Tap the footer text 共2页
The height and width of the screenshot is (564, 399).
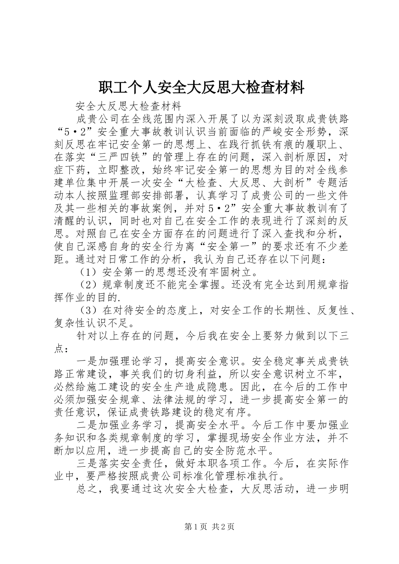pyautogui.click(x=223, y=527)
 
